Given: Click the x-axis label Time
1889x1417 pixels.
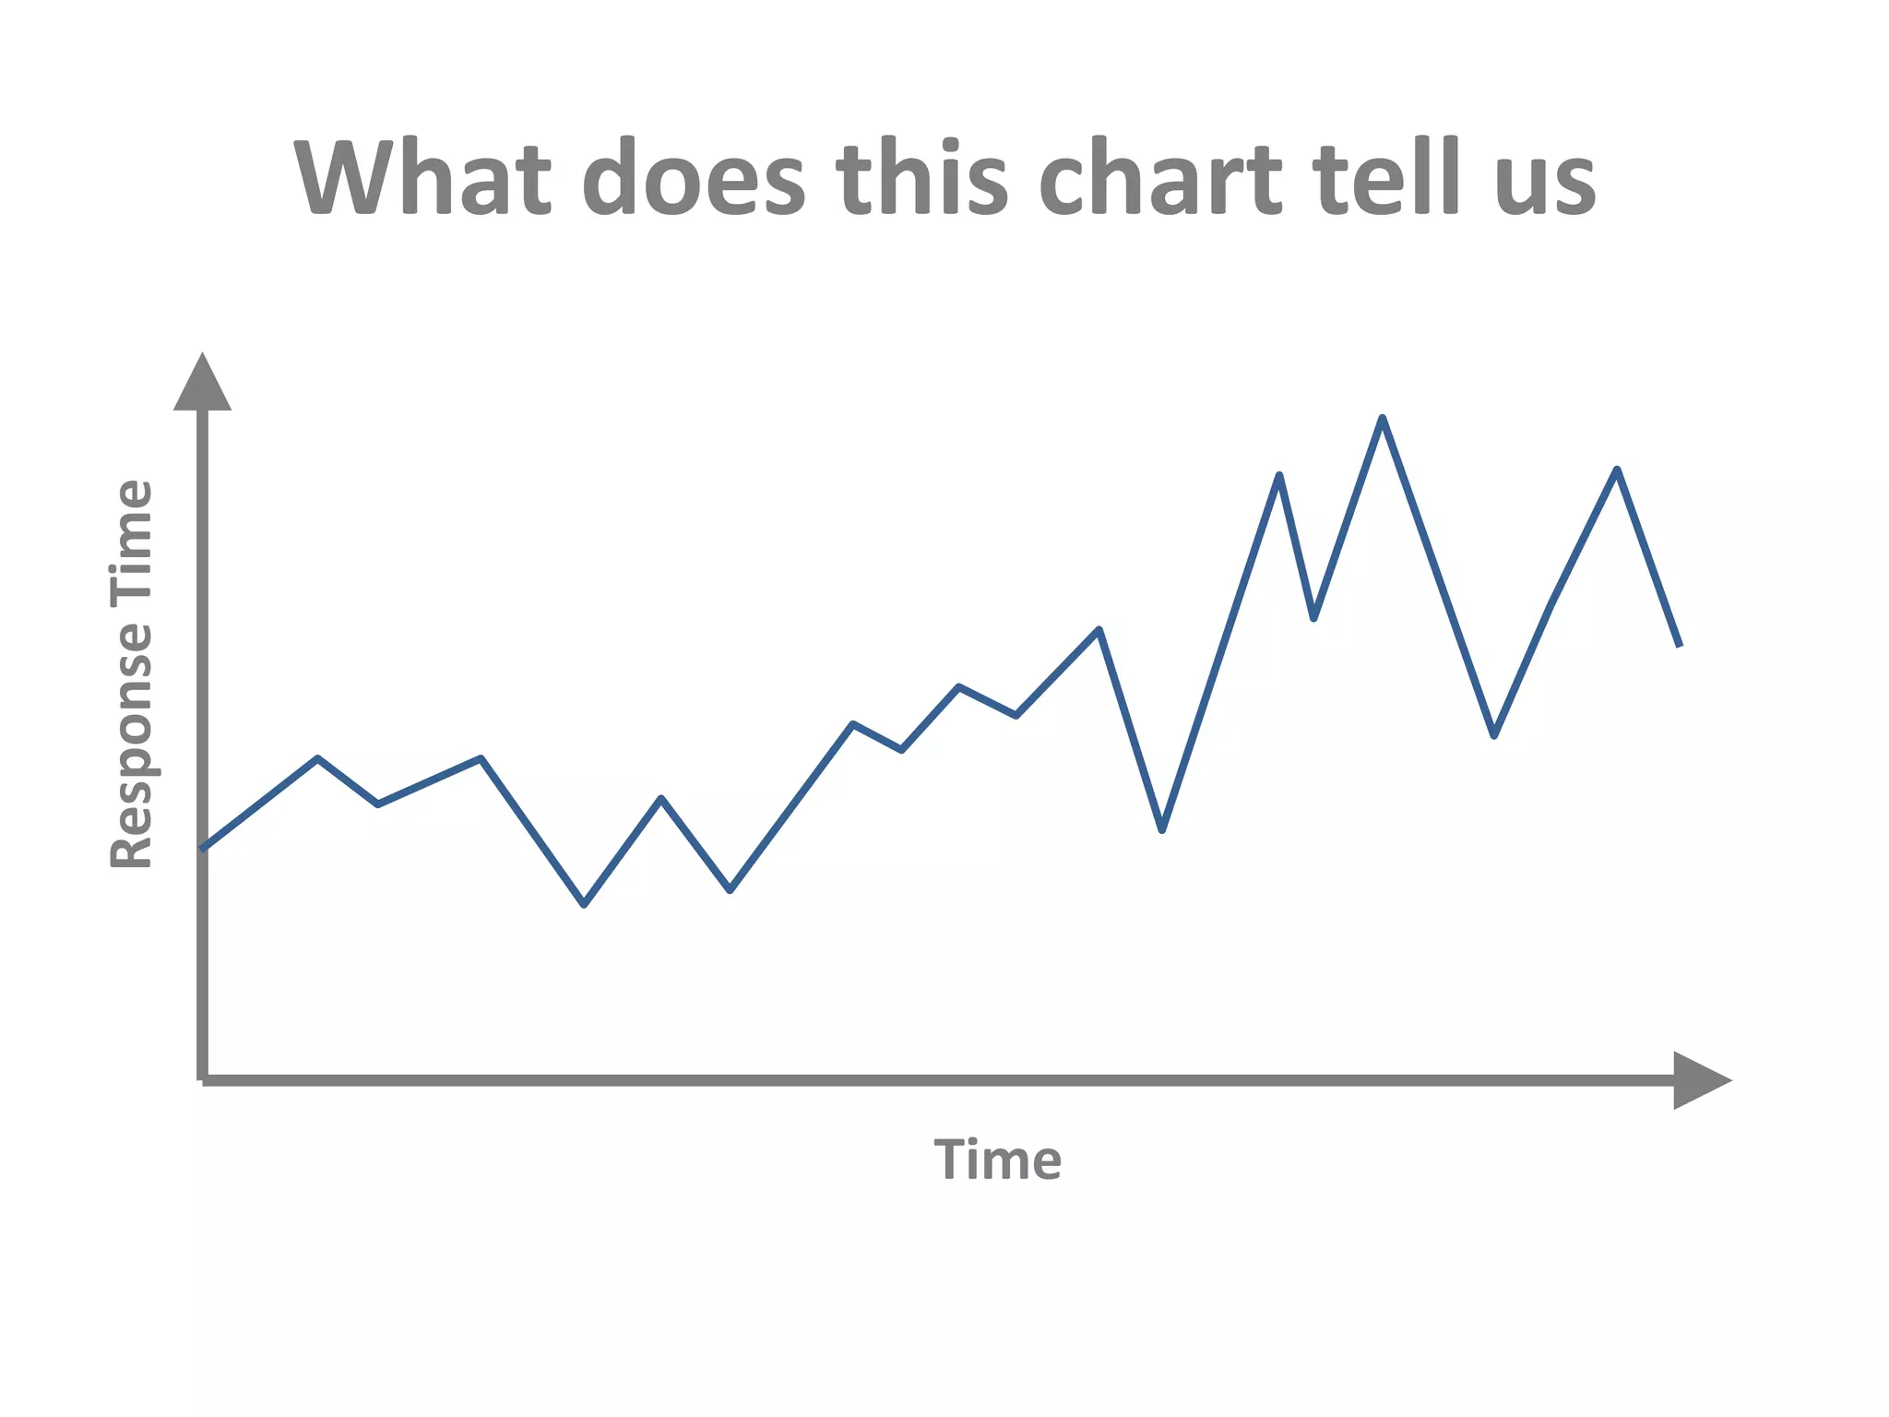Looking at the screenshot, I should click(997, 1161).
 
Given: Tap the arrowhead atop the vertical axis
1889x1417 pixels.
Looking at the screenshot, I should click(202, 383).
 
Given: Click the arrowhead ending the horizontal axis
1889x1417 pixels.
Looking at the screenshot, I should click(1700, 1079).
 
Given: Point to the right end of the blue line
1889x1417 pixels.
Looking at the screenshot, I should click(1679, 645).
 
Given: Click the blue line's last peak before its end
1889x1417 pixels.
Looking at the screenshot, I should click(1617, 470).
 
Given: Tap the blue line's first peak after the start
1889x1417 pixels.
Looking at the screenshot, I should click(317, 758).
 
